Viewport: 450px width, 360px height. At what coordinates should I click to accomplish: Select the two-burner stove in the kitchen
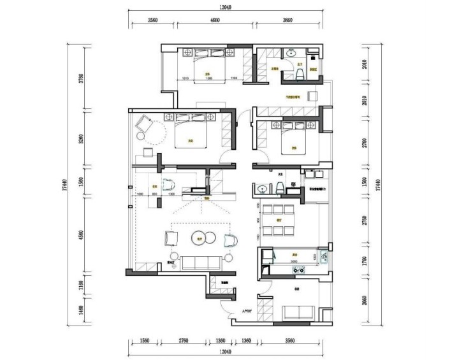298,270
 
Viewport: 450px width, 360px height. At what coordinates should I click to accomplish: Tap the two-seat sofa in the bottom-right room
298,313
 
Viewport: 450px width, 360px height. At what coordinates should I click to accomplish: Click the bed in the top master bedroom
207,66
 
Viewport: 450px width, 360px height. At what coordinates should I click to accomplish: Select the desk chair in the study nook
168,185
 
